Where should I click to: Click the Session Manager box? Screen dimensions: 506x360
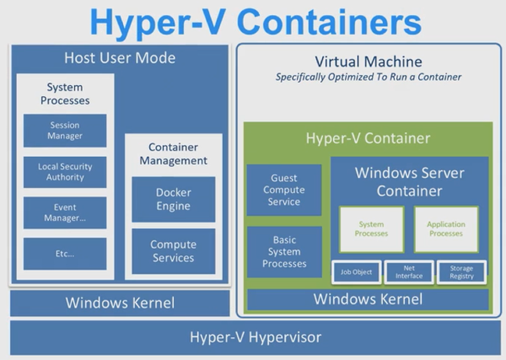pyautogui.click(x=65, y=131)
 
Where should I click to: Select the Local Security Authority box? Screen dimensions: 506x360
pyautogui.click(x=65, y=172)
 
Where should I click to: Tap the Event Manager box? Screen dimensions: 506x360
pyautogui.click(x=65, y=212)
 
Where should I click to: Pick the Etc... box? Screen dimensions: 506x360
pyautogui.click(x=65, y=254)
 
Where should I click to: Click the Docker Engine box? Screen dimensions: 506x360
pyautogui.click(x=173, y=199)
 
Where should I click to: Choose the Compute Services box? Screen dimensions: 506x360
pyautogui.click(x=173, y=251)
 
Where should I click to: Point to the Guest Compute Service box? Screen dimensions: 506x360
pyautogui.click(x=284, y=190)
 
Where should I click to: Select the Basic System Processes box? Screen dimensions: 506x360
pyautogui.click(x=284, y=252)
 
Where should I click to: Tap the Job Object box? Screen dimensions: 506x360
pyautogui.click(x=356, y=272)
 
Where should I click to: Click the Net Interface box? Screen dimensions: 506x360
pyautogui.click(x=409, y=272)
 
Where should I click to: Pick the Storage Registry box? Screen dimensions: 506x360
pyautogui.click(x=461, y=272)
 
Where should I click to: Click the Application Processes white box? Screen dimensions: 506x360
pyautogui.click(x=446, y=229)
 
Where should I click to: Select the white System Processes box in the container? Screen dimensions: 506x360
pyautogui.click(x=371, y=229)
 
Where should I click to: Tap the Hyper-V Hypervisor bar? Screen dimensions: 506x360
pyautogui.click(x=256, y=337)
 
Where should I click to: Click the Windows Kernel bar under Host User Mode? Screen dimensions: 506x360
pyautogui.click(x=120, y=303)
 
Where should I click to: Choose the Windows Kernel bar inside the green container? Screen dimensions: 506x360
pyautogui.click(x=368, y=299)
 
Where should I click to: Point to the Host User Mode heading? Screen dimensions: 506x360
pyautogui.click(x=120, y=58)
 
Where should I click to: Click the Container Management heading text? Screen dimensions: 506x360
pyautogui.click(x=173, y=154)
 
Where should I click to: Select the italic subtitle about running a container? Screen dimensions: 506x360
pyautogui.click(x=369, y=77)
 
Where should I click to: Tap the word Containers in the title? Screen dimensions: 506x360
pyautogui.click(x=329, y=22)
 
